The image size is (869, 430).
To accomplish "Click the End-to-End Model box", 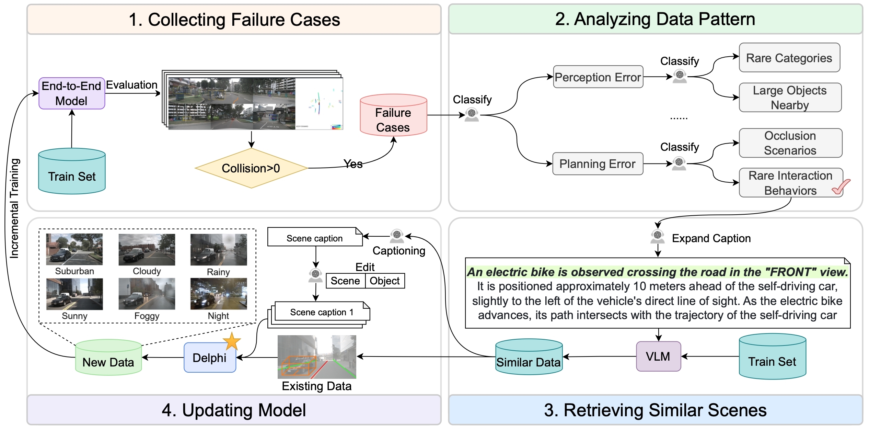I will (x=72, y=93).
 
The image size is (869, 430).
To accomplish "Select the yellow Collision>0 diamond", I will (x=251, y=168).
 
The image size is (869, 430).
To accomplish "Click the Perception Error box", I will (x=598, y=77).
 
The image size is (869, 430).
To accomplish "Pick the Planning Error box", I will (x=598, y=164).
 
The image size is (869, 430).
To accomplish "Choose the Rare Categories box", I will (x=789, y=58).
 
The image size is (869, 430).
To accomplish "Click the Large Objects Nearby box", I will (x=790, y=98).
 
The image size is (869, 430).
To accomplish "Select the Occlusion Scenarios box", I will (x=790, y=143).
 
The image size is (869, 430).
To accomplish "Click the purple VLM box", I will (x=658, y=357).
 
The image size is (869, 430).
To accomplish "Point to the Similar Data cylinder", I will (x=529, y=357).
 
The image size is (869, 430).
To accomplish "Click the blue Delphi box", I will (x=210, y=358).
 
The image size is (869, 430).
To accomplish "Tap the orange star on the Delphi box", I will (x=232, y=341).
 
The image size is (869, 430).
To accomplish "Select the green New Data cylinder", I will (x=108, y=358).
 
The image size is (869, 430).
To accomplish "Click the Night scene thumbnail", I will (x=219, y=294).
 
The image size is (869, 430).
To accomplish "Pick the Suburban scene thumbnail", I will (x=74, y=249).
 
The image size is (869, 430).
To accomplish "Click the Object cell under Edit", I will (x=385, y=281).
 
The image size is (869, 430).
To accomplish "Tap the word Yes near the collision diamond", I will (x=353, y=164).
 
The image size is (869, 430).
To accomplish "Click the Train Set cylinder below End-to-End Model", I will (x=72, y=171).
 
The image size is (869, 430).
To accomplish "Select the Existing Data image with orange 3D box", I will (x=317, y=357).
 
